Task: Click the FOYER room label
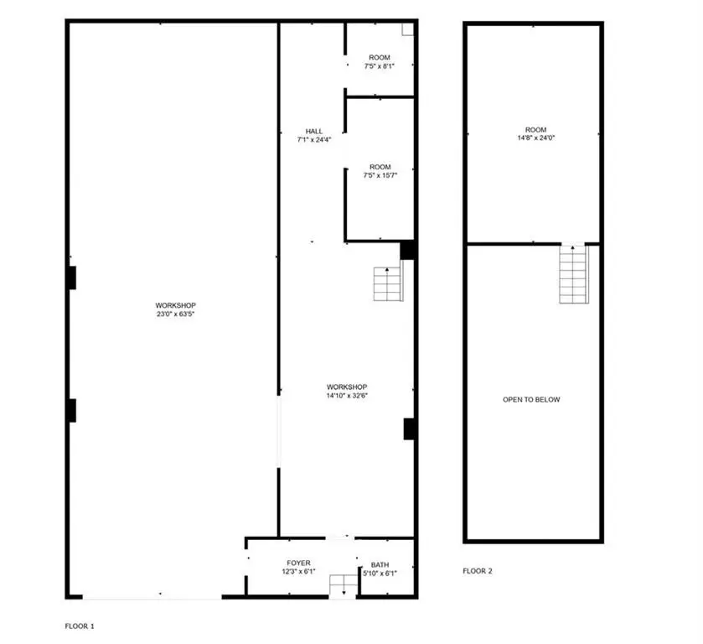pyautogui.click(x=298, y=563)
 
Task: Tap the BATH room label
pyautogui.click(x=380, y=565)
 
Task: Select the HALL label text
pyautogui.click(x=314, y=131)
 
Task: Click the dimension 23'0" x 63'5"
pyautogui.click(x=175, y=314)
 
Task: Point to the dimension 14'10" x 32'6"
pyautogui.click(x=347, y=396)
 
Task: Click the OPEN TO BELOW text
pyautogui.click(x=531, y=399)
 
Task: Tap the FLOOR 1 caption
pyautogui.click(x=80, y=626)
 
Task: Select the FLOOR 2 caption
pyautogui.click(x=478, y=571)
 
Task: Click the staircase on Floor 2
pyautogui.click(x=573, y=274)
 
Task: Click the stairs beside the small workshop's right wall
pyautogui.click(x=388, y=283)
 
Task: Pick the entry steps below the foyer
pyautogui.click(x=344, y=586)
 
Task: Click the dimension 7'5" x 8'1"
pyautogui.click(x=380, y=66)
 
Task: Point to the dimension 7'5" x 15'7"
pyautogui.click(x=380, y=175)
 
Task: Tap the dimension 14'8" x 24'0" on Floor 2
pyautogui.click(x=535, y=138)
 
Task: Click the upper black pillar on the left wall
pyautogui.click(x=72, y=278)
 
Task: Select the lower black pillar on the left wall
pyautogui.click(x=72, y=410)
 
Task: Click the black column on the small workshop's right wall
pyautogui.click(x=408, y=429)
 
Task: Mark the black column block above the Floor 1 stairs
pyautogui.click(x=407, y=251)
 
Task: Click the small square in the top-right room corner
pyautogui.click(x=407, y=29)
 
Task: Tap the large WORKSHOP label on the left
pyautogui.click(x=175, y=305)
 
